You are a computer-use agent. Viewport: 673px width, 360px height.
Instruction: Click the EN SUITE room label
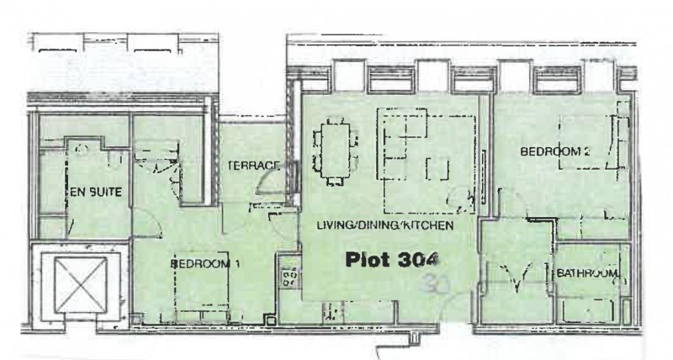click(96, 193)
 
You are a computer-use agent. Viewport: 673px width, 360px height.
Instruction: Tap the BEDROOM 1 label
click(205, 262)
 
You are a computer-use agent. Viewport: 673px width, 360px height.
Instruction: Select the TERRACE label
click(253, 166)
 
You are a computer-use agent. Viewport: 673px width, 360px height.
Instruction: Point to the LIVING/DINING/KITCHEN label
click(385, 225)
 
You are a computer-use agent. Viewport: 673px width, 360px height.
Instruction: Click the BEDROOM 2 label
click(556, 153)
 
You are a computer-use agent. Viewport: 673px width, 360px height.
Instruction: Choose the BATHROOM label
click(587, 273)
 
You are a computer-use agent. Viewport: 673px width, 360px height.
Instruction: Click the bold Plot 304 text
click(391, 260)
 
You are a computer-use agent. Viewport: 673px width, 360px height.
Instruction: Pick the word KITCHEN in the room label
click(430, 225)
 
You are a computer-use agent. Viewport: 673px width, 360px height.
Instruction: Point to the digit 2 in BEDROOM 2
click(586, 153)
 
